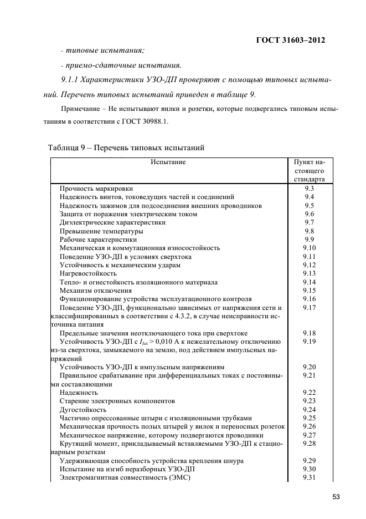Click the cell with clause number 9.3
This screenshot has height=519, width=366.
click(x=310, y=188)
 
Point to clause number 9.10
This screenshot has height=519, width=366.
click(x=310, y=247)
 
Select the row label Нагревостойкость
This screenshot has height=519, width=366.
click(x=88, y=273)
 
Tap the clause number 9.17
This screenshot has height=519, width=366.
click(x=310, y=307)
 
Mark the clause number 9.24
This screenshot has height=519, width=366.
click(x=310, y=409)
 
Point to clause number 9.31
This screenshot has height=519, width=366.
click(x=310, y=477)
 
